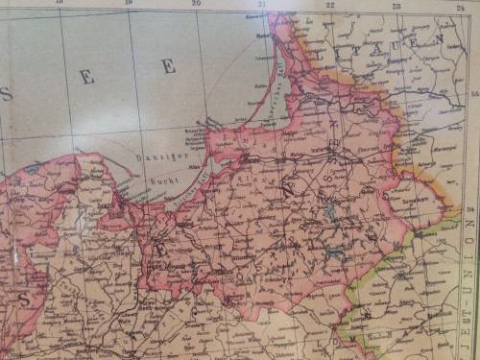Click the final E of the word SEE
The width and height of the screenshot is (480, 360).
[x=169, y=65]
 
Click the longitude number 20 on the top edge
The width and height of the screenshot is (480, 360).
[x=195, y=4]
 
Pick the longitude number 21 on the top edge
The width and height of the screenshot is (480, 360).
[x=262, y=4]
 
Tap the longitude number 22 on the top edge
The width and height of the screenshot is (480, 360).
[x=329, y=5]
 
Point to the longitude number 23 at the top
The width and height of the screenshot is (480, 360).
[x=396, y=6]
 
